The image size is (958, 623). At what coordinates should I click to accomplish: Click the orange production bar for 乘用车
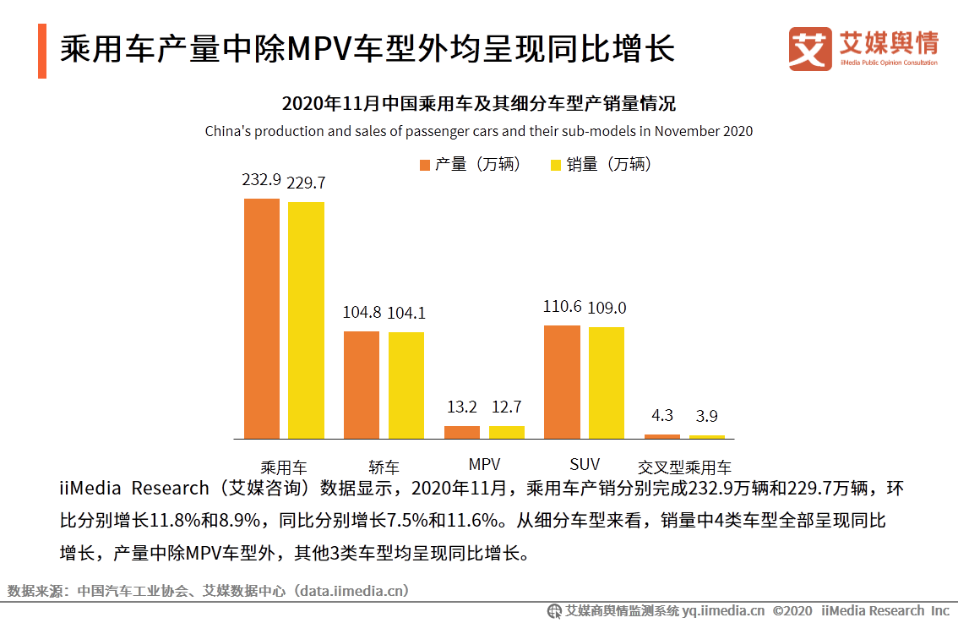262,319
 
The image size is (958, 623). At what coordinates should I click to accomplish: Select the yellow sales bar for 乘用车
306,320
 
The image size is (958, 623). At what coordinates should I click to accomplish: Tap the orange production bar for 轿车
362,385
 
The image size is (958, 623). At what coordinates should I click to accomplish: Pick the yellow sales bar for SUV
607,382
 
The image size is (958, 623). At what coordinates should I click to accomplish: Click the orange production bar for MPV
462,432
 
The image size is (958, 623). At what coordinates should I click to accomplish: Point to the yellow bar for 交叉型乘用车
707,436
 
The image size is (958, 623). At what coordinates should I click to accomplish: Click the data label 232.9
261,181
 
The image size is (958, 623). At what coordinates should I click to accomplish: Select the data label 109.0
607,308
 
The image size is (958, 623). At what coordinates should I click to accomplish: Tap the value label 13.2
462,407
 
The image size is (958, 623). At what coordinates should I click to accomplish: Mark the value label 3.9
707,416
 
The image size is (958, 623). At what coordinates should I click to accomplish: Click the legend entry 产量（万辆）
470,164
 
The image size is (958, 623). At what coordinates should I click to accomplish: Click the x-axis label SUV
585,464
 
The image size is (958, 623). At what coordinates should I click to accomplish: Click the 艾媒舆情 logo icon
810,49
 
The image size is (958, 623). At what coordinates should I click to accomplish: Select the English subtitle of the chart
479,131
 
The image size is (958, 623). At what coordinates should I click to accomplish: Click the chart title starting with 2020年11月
479,105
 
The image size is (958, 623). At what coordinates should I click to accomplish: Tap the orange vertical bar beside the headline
42,51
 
